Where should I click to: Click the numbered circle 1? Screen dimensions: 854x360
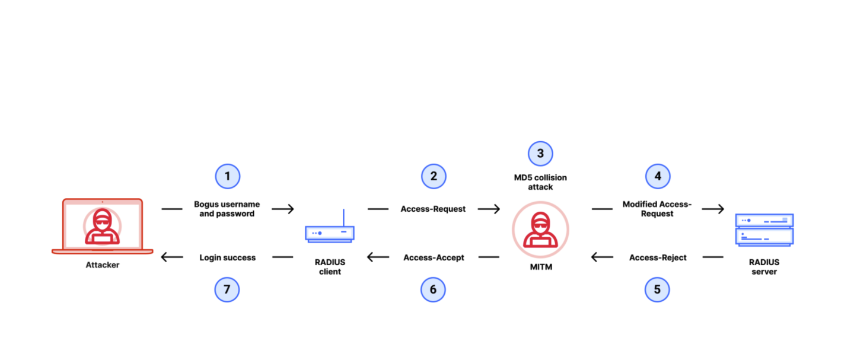228,176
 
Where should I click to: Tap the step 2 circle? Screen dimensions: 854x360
434,176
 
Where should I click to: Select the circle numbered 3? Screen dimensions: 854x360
540,154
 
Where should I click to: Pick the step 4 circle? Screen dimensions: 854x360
658,176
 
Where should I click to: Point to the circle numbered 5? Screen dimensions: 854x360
657,289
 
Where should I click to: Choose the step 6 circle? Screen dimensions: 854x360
433,289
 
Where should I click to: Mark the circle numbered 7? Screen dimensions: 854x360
227,289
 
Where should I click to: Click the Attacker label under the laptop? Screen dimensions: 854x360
102,265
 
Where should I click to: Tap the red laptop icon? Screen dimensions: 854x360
102,226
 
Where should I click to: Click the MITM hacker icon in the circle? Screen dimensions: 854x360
540,230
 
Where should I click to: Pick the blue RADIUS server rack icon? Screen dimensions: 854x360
764,230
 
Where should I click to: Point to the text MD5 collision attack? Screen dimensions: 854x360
540,182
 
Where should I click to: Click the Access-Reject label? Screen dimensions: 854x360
658,257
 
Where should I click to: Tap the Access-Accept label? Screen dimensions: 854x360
434,257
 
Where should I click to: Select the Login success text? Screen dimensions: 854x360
228,257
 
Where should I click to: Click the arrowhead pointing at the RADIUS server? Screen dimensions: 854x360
719,209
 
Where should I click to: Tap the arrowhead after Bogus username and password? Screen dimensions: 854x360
289,209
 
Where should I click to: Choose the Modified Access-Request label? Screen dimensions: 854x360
657,209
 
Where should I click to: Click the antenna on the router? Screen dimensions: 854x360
343,218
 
